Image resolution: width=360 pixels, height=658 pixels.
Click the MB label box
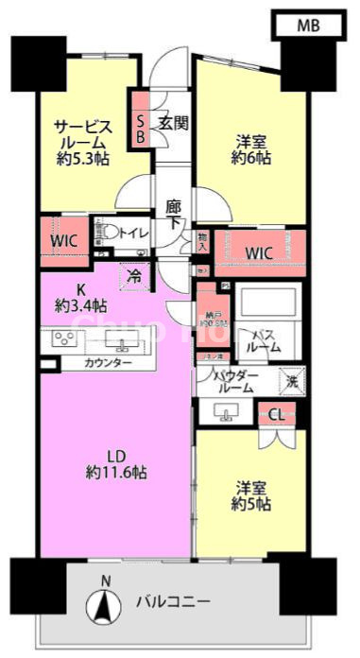[x=307, y=26]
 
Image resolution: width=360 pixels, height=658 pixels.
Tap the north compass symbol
[x=105, y=601]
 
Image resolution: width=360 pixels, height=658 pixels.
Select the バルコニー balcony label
[x=172, y=601]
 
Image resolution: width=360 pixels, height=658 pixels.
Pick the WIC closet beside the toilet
[x=63, y=240]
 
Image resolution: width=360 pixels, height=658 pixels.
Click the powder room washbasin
[x=227, y=411]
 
